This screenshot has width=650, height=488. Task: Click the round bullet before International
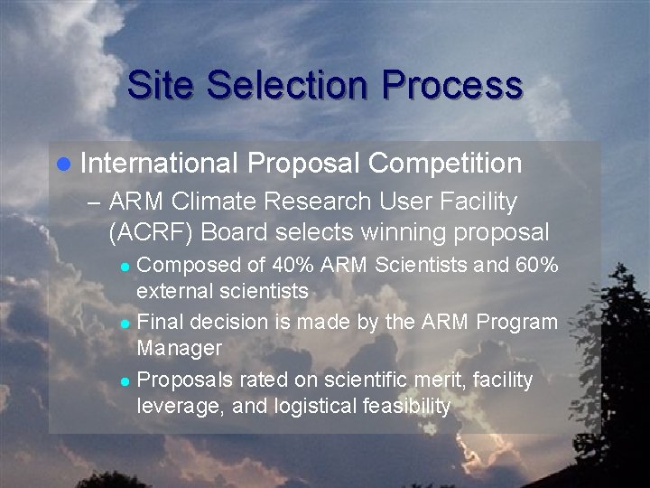61,164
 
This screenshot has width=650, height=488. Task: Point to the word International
158,164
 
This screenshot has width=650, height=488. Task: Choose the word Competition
445,164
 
